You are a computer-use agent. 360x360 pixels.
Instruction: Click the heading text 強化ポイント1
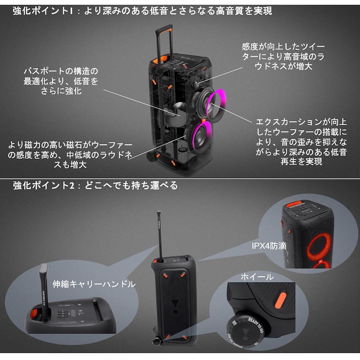click(x=43, y=11)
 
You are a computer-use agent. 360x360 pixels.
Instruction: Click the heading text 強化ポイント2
click(x=44, y=186)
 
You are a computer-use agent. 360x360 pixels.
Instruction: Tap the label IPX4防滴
click(x=269, y=246)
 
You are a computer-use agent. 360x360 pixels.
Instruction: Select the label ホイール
click(x=257, y=277)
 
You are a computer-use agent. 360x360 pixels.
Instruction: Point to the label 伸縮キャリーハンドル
click(x=94, y=284)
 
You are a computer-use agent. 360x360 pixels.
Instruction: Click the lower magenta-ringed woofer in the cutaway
click(x=199, y=136)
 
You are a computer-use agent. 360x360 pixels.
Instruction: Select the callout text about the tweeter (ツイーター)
click(x=283, y=56)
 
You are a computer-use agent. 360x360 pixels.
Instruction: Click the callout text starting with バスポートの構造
click(x=61, y=81)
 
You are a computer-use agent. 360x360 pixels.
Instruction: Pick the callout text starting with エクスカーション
click(x=301, y=142)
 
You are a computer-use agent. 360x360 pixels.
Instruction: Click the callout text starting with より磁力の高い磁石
click(x=70, y=155)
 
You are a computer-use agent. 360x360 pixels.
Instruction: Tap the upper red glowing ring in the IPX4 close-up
click(x=319, y=247)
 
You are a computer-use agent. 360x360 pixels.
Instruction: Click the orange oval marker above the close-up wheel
click(x=281, y=300)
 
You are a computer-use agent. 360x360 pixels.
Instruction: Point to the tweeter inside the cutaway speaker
click(x=198, y=83)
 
